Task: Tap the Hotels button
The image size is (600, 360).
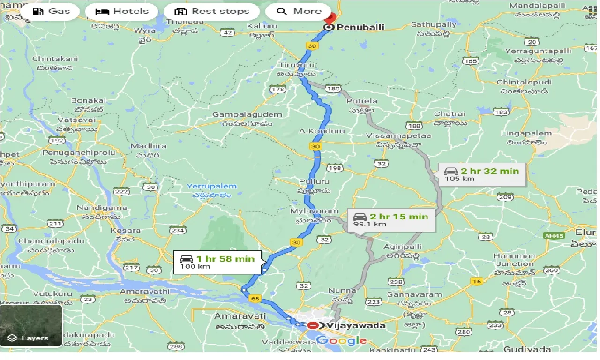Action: [121, 11]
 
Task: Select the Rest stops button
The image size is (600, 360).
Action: [211, 11]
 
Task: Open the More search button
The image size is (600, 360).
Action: [299, 11]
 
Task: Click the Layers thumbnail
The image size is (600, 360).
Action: [31, 326]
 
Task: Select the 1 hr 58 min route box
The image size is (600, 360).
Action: [217, 262]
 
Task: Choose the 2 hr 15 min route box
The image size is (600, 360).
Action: [391, 220]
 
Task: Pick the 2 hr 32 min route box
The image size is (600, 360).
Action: [482, 174]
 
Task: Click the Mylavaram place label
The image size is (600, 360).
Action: [314, 211]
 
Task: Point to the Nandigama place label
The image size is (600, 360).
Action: [102, 208]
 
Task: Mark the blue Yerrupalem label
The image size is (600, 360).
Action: [212, 186]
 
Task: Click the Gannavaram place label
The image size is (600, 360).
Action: [414, 294]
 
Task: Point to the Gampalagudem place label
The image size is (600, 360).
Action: [247, 114]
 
